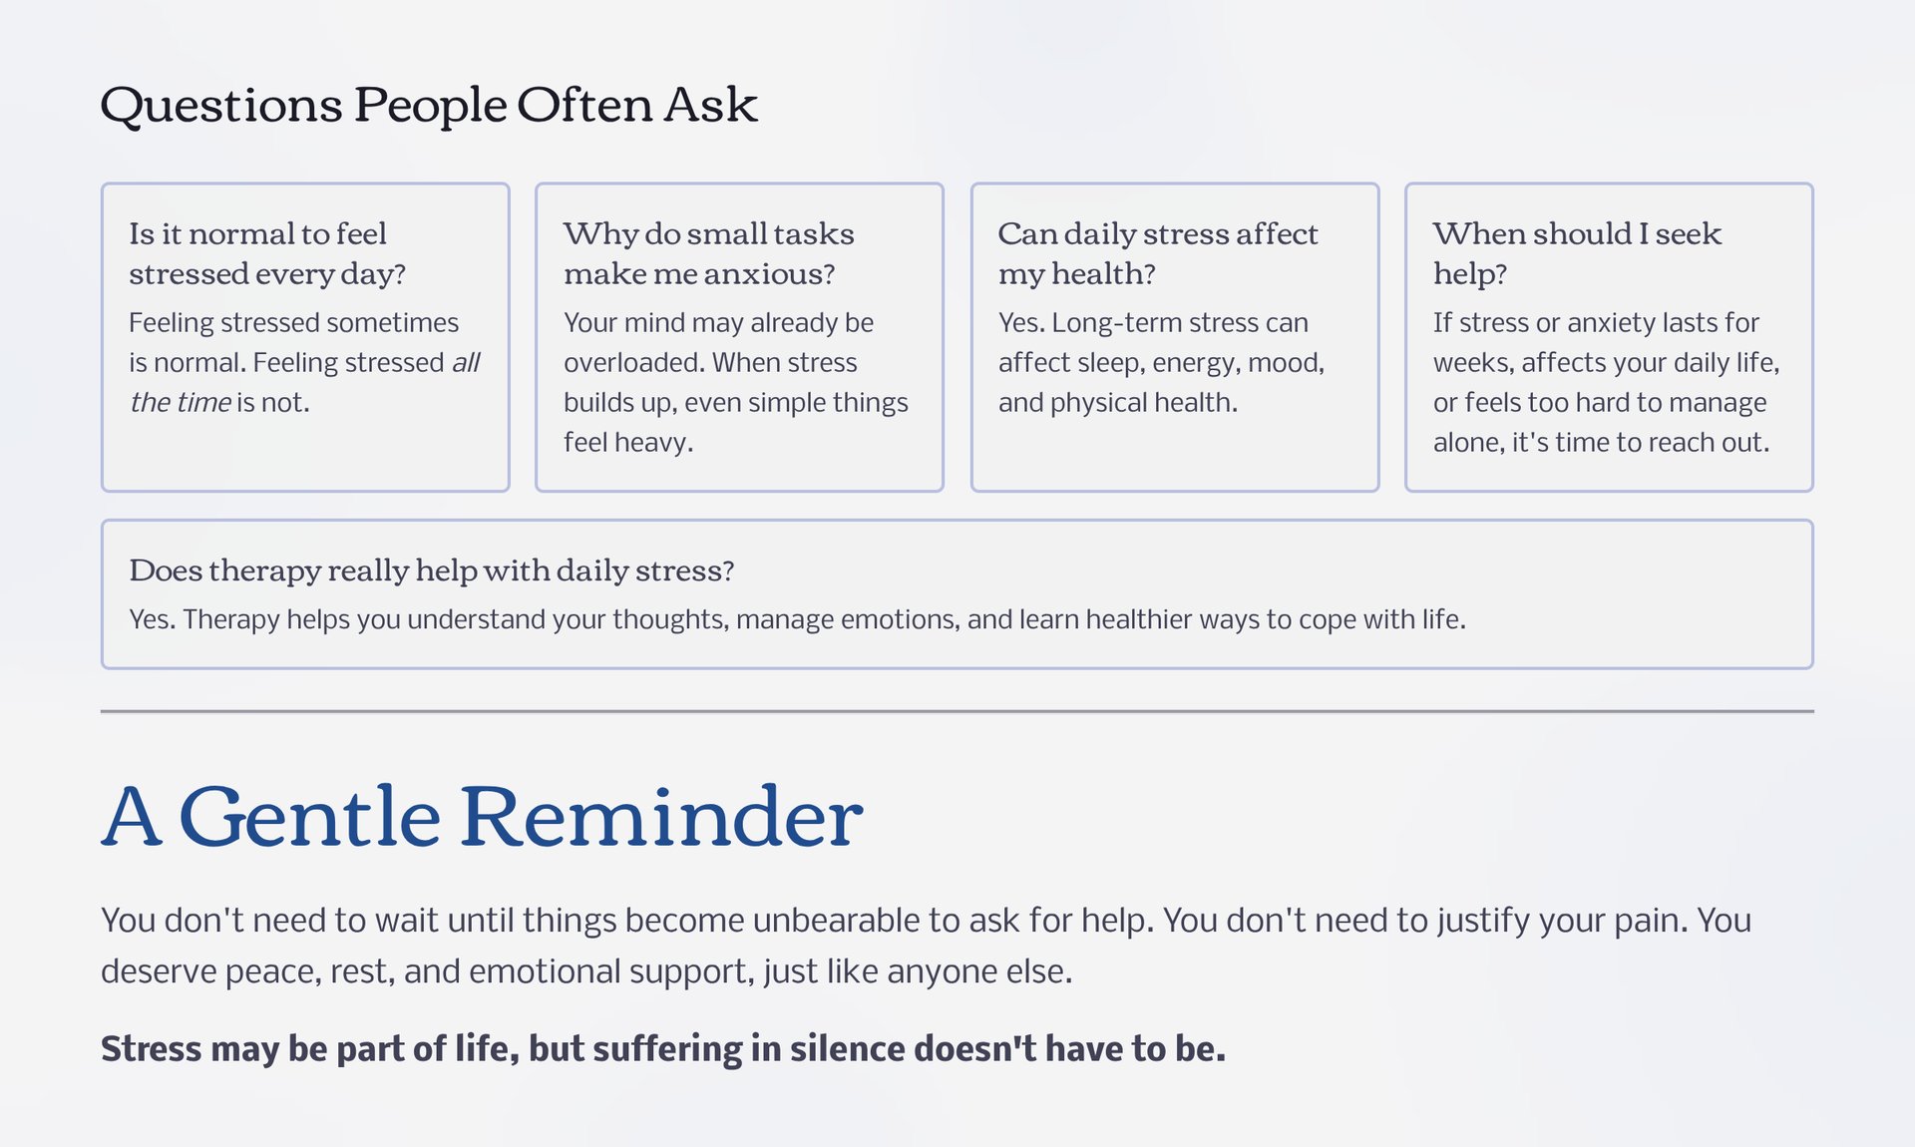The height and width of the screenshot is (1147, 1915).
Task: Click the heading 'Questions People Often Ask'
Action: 429,105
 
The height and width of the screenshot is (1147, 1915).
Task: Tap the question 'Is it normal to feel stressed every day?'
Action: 267,253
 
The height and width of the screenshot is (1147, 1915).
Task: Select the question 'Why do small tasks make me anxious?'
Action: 709,253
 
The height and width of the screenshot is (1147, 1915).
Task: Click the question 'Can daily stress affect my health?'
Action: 1158,253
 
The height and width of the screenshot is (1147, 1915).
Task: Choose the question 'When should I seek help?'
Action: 1577,253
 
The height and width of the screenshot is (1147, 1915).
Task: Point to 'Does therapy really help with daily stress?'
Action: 432,571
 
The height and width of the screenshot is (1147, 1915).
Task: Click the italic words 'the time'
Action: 181,402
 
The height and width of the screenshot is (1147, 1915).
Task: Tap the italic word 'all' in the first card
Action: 466,362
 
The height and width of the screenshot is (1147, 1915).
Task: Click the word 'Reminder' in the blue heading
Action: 661,817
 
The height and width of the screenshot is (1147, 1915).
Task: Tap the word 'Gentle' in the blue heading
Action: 309,817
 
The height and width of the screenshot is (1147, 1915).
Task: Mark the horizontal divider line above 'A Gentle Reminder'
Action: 957,711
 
